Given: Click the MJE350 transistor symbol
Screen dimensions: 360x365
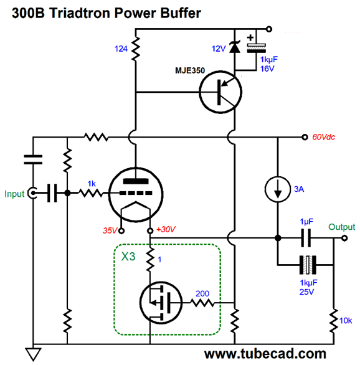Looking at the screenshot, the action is tap(220, 92).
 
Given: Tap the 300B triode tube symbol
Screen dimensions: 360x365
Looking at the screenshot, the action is tap(136, 194).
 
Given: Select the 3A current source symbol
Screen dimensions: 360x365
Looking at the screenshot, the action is tap(278, 189).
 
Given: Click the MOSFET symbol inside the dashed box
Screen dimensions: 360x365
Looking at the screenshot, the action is tap(161, 303).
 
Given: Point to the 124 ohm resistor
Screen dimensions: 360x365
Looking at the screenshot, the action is tap(136, 49).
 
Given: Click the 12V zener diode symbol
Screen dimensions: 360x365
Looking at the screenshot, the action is tap(235, 47).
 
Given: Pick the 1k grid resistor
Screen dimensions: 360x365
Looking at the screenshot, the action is tap(91, 193).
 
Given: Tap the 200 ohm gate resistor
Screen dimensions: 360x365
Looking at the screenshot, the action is tap(202, 303).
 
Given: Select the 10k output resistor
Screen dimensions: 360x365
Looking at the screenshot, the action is tap(334, 321).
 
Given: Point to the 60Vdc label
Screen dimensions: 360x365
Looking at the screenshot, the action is tap(323, 137).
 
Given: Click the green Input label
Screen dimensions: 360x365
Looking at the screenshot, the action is tap(14, 194).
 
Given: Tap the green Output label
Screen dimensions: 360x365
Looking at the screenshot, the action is tap(341, 227).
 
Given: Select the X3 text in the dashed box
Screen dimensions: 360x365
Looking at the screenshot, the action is tap(128, 257).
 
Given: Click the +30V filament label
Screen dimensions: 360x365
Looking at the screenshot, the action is tap(166, 229).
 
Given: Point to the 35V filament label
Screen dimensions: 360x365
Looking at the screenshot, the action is tap(110, 230).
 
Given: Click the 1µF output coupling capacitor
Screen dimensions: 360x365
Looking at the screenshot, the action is tap(306, 238).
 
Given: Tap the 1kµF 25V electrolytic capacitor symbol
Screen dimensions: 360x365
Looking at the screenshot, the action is tap(308, 265).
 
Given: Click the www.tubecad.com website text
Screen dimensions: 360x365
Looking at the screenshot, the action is tap(265, 354).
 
